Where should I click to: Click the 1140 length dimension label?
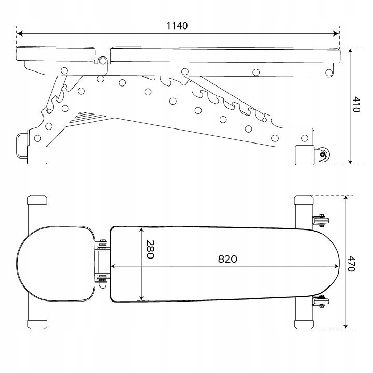coord(177,26)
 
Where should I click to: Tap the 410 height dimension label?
coord(356,104)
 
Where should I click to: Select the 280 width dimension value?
coord(150,249)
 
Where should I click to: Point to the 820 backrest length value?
coord(227,259)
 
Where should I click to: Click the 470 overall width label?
coord(351,264)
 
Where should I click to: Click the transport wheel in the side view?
coord(322,154)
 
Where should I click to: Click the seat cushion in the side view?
coord(56,54)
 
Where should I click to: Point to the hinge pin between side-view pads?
coord(103,61)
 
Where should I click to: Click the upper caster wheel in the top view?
coord(321,220)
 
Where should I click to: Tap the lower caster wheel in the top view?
coord(321,301)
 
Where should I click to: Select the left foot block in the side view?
coord(37,155)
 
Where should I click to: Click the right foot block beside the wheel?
coord(305,155)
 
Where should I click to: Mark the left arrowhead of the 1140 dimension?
coord(20,34)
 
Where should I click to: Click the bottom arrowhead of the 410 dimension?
coord(350,162)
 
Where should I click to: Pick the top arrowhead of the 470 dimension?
coord(346,198)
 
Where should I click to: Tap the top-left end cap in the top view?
coord(37,200)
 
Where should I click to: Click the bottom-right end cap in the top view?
coord(304,324)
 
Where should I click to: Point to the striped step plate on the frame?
coord(88,117)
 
